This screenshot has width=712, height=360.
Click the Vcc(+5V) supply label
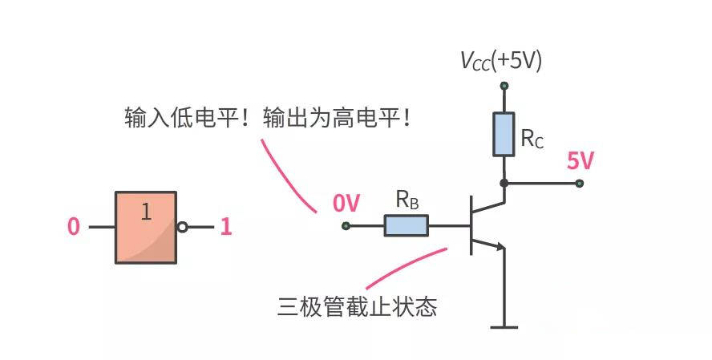501,61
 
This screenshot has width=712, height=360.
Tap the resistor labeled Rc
504,135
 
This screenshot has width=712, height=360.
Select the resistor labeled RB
407,225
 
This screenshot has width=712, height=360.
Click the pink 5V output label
580,160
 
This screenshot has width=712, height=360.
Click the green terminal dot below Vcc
504,86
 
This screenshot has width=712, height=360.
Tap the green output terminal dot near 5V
579,184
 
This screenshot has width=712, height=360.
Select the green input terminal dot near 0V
346,225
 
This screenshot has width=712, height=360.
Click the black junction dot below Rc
504,184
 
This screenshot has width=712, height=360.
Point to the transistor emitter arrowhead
500,247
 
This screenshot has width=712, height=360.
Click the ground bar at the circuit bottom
504,327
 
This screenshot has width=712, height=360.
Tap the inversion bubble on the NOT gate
182,227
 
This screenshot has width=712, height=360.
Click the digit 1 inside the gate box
146,212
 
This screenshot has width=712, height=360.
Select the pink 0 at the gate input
74,227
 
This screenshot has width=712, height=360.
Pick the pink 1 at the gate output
226,227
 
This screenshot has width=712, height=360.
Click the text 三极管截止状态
357,306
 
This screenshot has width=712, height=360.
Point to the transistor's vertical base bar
471,225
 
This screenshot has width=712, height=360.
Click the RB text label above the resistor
407,200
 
